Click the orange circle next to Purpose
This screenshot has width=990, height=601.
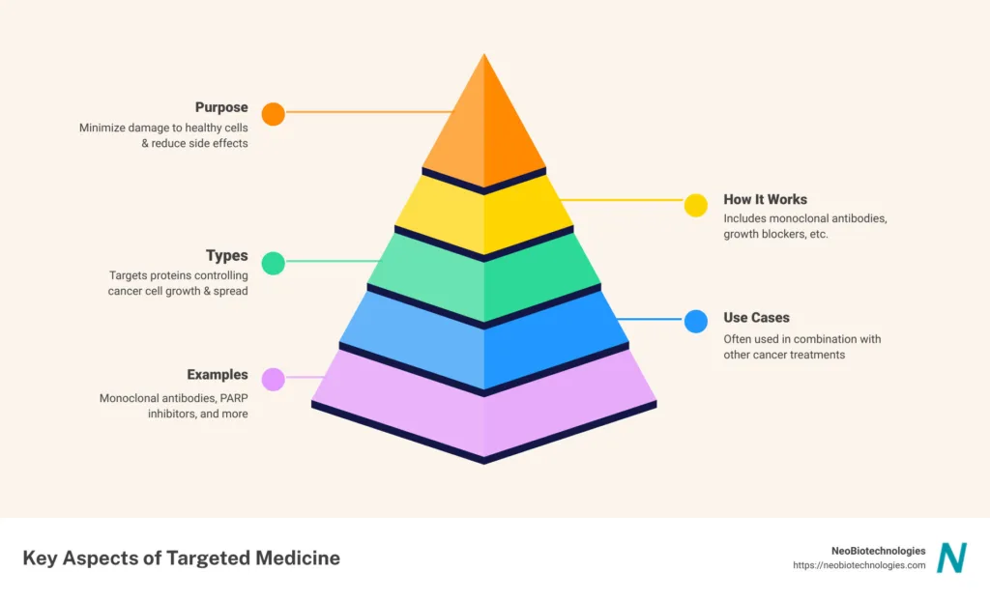tap(274, 114)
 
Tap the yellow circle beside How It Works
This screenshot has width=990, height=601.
tap(696, 205)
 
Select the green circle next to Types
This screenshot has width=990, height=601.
tap(274, 263)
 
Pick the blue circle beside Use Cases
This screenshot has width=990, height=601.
tap(696, 322)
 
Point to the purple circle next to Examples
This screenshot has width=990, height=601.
tap(274, 380)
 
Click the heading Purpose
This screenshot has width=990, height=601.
tap(221, 107)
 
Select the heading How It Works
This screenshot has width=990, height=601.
tap(765, 200)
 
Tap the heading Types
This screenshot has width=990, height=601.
tap(227, 256)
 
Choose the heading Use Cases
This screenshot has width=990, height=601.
tap(756, 317)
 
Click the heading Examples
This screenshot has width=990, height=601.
tap(218, 375)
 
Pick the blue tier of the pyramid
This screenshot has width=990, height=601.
tap(483, 333)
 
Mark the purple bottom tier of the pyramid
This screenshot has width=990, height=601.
tap(483, 406)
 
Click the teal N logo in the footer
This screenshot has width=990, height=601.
tap(951, 558)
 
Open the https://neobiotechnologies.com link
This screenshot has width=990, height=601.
tap(859, 566)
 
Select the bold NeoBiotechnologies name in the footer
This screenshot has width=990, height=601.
tap(878, 551)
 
